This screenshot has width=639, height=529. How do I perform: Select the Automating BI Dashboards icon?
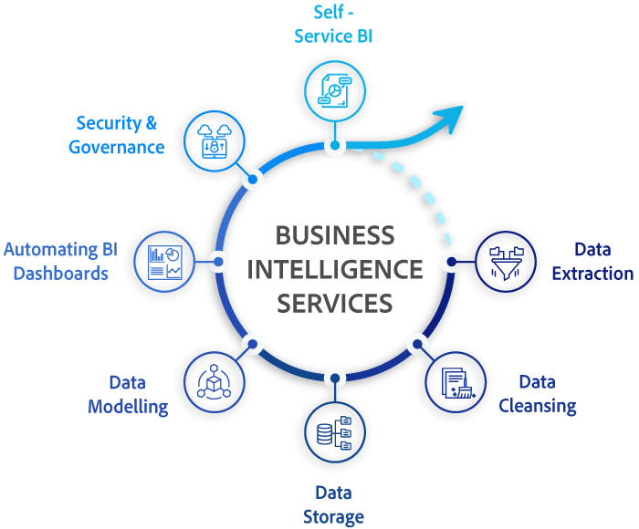(165, 261)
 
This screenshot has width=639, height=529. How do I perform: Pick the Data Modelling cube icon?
(215, 382)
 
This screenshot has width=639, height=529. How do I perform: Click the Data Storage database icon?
(335, 431)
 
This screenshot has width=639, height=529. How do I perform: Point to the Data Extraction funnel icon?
(506, 261)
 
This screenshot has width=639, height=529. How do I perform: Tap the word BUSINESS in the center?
(335, 235)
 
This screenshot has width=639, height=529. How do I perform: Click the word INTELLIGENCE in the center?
(335, 269)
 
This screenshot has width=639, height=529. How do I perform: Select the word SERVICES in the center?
(335, 302)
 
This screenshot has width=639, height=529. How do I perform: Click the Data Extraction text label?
(592, 261)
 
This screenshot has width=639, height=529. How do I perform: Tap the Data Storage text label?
(333, 504)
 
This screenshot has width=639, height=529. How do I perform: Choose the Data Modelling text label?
(128, 394)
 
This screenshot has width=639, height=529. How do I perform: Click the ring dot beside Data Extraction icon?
(451, 262)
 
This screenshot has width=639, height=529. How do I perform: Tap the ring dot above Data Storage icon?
(335, 377)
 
